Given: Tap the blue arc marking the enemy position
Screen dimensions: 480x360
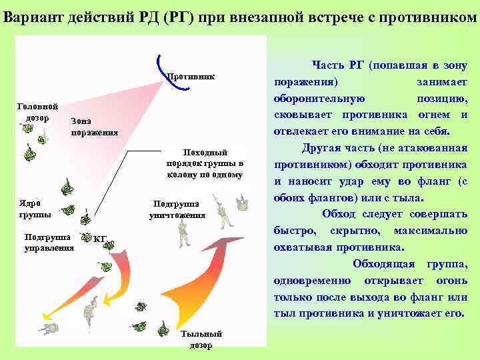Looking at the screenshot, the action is coord(159,63).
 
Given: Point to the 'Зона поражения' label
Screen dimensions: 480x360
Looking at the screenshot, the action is coord(94,127).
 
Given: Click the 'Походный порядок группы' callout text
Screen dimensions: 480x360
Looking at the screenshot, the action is coord(205,163).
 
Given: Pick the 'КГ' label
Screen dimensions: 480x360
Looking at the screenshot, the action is coord(100,239).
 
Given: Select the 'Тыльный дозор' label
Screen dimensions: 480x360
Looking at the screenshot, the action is coord(200,339).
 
